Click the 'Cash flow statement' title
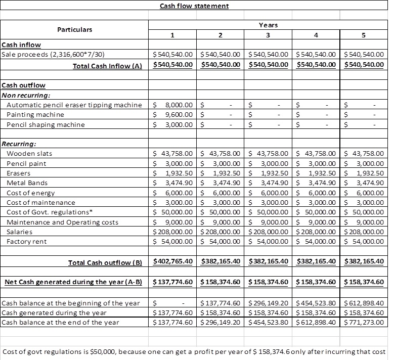[194, 6]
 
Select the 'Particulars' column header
[74, 29]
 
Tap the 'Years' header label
[268, 25]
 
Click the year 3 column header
[268, 35]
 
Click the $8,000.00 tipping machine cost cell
[172, 105]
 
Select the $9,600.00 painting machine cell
[172, 115]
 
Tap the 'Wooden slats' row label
[29, 153]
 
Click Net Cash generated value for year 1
[172, 282]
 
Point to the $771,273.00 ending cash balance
[363, 322]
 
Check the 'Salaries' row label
[20, 232]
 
